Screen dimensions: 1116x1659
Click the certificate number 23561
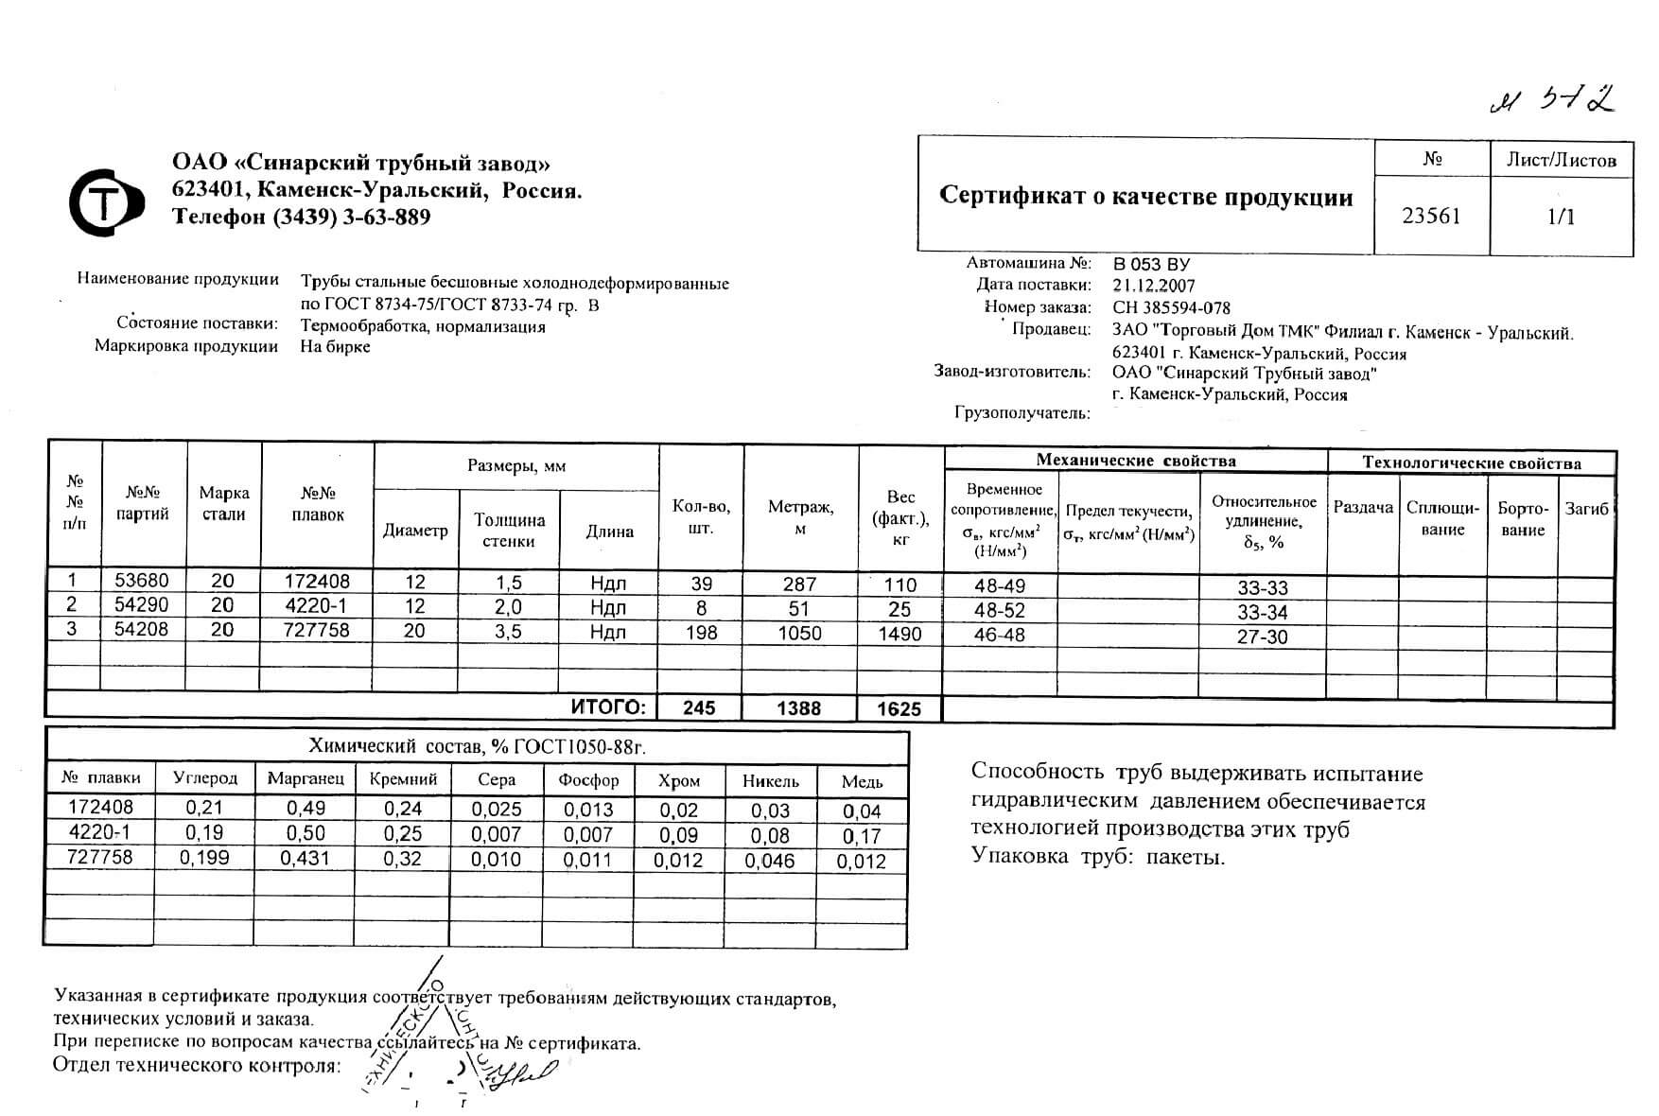[1431, 216]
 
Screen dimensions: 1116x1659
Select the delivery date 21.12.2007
[1154, 286]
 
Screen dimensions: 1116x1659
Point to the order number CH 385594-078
[1172, 307]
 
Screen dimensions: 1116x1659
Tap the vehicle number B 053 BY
[1151, 264]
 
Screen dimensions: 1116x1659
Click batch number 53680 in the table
[141, 581]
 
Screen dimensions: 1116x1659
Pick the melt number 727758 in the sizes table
[317, 630]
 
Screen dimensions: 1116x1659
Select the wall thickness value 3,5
[509, 631]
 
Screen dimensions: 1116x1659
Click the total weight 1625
[899, 708]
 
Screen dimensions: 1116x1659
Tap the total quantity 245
[699, 707]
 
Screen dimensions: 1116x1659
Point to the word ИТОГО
[609, 707]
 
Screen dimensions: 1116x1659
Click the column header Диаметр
[415, 531]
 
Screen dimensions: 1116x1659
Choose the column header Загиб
[1586, 509]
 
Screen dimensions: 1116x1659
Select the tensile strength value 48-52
[1000, 611]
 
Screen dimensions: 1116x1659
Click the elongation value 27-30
[1263, 636]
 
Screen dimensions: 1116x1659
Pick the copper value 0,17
[861, 836]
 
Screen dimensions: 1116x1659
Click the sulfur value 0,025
[497, 810]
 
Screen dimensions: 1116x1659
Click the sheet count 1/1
[1561, 217]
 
